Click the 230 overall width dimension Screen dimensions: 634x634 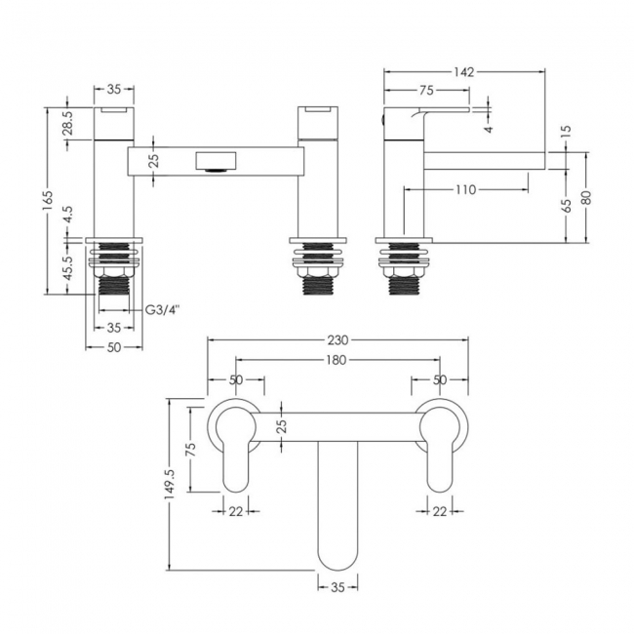coord(337,340)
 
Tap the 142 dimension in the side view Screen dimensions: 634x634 coord(463,72)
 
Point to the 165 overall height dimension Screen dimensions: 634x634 coord(48,201)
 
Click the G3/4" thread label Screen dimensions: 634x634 coord(162,310)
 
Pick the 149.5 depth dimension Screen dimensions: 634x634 coord(170,484)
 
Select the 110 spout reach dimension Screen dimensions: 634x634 coord(466,189)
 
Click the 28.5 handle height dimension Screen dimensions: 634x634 coord(68,123)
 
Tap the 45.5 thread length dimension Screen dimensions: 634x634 coord(68,267)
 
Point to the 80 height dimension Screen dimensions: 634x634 coord(586,197)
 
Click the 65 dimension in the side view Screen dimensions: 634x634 coord(567,206)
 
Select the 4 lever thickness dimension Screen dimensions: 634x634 coord(489,129)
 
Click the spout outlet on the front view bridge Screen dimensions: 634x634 coord(216,162)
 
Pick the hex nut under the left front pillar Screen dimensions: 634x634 coord(114,272)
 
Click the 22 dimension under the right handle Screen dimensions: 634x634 coord(440,511)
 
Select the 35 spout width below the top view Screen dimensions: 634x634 coord(337,586)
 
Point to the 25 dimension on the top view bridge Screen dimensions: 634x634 coord(282,426)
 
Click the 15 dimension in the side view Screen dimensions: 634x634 coord(567,132)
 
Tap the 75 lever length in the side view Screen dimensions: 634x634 coord(426,91)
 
